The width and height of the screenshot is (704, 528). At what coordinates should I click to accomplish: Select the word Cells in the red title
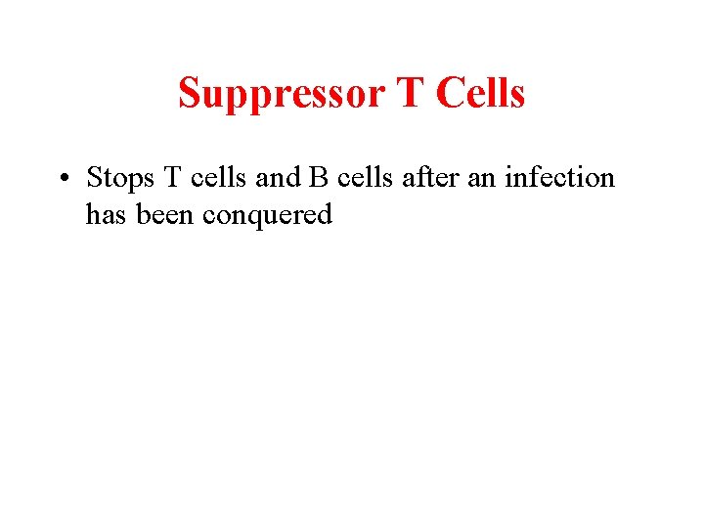click(480, 94)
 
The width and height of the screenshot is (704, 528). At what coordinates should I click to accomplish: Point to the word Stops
click(117, 178)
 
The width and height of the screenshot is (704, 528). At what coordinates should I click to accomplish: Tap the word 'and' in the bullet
click(279, 178)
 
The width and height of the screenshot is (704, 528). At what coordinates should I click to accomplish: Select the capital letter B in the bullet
click(319, 178)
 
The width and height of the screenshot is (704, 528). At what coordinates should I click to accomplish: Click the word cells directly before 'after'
click(366, 178)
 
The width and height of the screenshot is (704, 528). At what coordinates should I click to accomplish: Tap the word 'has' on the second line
click(106, 214)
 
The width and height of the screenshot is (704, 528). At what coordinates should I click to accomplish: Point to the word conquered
click(268, 215)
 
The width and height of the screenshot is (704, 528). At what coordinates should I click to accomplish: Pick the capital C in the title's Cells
click(449, 94)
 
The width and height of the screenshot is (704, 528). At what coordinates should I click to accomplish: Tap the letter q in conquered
click(255, 217)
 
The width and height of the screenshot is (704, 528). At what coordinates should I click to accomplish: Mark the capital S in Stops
click(94, 178)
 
